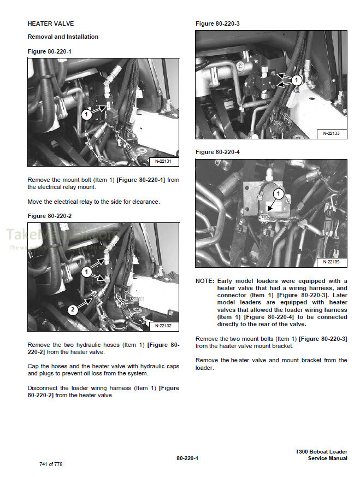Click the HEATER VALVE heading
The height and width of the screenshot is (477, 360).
(x=50, y=24)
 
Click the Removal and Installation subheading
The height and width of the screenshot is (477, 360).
(x=63, y=37)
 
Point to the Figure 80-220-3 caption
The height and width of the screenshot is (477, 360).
(x=217, y=23)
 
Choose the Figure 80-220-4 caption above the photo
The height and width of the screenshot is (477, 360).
(x=217, y=151)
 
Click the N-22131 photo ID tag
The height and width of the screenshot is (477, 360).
(x=163, y=161)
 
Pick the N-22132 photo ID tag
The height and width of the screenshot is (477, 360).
(x=163, y=326)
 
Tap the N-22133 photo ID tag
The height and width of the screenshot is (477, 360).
(x=331, y=133)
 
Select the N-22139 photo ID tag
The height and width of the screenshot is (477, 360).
(x=331, y=262)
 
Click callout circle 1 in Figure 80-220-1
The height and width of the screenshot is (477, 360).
(x=86, y=115)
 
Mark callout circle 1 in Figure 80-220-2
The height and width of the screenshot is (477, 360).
(x=86, y=272)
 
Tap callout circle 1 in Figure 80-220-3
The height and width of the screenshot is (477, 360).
(x=296, y=80)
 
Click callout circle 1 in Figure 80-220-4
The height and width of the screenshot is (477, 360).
(x=278, y=193)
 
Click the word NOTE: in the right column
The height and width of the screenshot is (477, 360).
(x=205, y=281)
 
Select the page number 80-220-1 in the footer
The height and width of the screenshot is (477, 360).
(x=187, y=458)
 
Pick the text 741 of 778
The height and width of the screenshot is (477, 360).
(x=51, y=464)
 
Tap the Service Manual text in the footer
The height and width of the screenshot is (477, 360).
(x=327, y=458)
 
